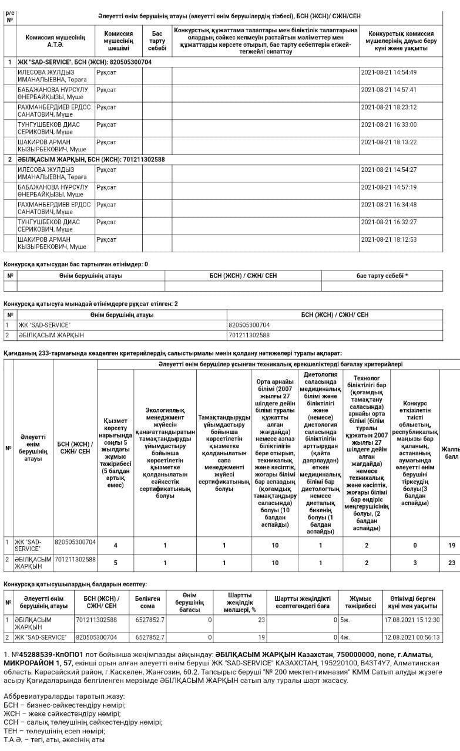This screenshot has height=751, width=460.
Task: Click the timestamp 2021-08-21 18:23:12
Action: [x=388, y=107]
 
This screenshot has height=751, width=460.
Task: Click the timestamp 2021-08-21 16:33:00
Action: [x=388, y=125]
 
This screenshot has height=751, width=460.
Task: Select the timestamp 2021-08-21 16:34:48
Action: [x=388, y=205]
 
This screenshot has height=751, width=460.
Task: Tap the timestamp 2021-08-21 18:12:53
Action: [x=388, y=239]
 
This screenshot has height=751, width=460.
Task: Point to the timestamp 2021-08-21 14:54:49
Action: [x=388, y=72]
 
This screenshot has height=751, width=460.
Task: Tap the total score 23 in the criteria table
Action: [x=451, y=563]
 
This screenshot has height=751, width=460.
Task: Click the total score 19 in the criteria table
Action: [x=451, y=546]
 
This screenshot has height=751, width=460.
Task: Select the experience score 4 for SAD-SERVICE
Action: [x=115, y=546]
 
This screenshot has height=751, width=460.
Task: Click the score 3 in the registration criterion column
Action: [x=415, y=563]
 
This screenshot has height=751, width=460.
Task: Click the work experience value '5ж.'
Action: [x=344, y=620]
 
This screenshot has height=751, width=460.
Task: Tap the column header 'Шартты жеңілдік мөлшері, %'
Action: [x=239, y=601]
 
